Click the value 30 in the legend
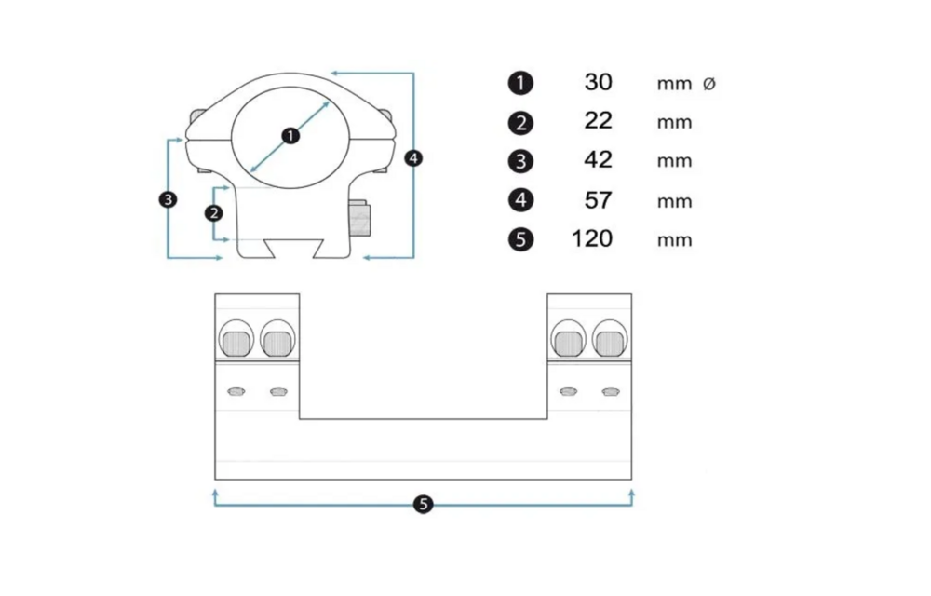click(x=598, y=82)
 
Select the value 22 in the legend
click(x=598, y=120)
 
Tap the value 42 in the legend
click(x=598, y=159)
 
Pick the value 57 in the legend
click(x=598, y=200)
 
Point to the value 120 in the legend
click(x=592, y=238)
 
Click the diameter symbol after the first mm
click(x=708, y=84)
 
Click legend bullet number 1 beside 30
click(x=520, y=83)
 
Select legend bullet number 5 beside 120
click(x=520, y=239)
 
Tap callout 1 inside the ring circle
click(x=290, y=136)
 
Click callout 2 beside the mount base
click(x=214, y=213)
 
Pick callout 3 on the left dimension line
click(x=168, y=199)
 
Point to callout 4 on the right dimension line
click(x=413, y=158)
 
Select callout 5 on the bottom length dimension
click(x=424, y=505)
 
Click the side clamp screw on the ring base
click(x=359, y=218)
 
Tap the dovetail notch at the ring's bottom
click(x=294, y=248)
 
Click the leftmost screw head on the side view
click(x=236, y=343)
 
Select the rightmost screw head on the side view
click(x=611, y=343)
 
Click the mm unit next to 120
click(x=674, y=240)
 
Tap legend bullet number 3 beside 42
click(x=520, y=161)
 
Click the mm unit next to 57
click(x=674, y=202)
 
